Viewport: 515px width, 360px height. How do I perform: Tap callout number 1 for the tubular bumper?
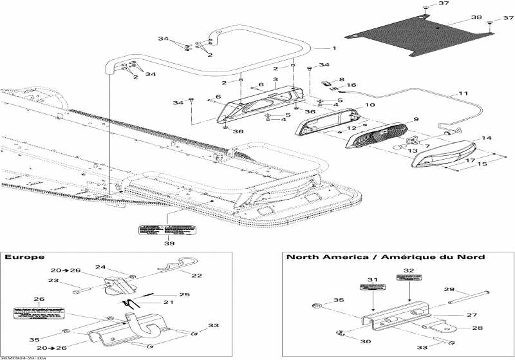point(333,49)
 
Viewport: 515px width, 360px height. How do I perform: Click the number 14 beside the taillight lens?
point(486,138)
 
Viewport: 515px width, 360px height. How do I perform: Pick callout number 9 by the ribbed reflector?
point(416,119)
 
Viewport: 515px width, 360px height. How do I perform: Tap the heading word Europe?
point(20,256)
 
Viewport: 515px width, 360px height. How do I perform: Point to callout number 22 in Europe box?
point(196,276)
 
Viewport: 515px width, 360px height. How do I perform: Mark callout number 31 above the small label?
point(372,278)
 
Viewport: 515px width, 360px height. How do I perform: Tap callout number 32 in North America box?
point(408,270)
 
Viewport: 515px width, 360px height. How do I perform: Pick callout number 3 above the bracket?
point(274,80)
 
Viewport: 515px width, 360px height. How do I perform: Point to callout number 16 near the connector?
point(351,85)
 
